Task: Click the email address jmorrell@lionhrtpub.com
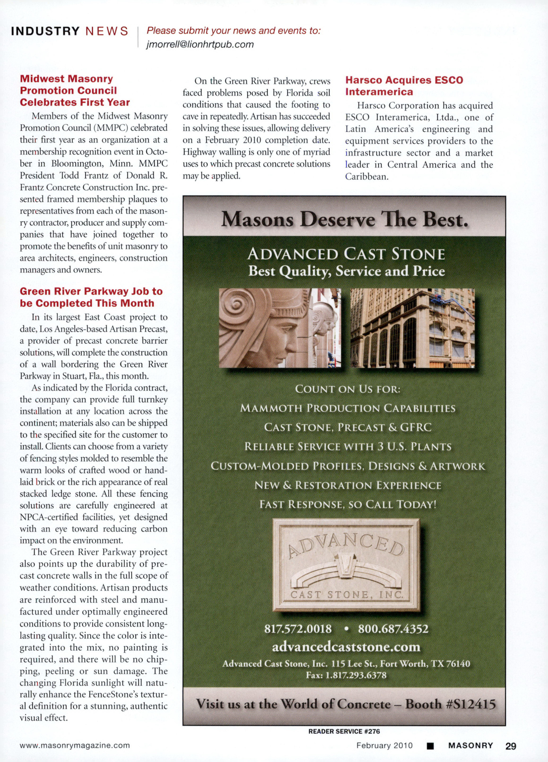coord(200,44)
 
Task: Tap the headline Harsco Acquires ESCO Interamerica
coord(404,86)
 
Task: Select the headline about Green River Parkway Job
coord(91,297)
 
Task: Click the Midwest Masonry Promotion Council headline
coord(75,91)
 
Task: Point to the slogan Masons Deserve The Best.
coord(344,219)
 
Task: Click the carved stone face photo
coord(280,328)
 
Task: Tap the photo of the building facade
coord(412,328)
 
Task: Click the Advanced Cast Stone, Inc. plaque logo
coord(346,565)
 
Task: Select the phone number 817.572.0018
coord(298,629)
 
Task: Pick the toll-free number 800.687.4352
coord(393,629)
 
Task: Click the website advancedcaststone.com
coord(346,647)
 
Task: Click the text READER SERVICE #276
coord(344,731)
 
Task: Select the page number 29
coord(511,746)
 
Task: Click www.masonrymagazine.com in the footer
coord(75,745)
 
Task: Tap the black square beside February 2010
coord(430,746)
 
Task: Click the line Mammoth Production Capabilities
coord(347,408)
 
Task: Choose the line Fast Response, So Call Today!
coord(347,504)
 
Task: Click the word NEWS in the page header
coord(107,31)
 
